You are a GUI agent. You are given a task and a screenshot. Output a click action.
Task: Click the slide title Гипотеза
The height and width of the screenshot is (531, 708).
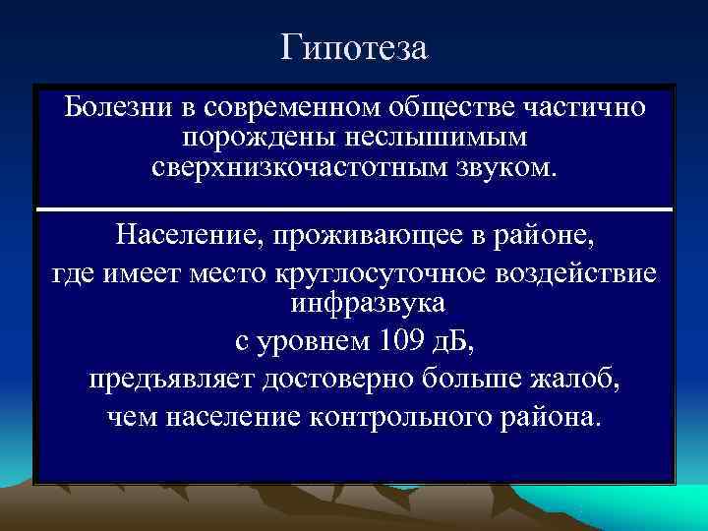pos(354,47)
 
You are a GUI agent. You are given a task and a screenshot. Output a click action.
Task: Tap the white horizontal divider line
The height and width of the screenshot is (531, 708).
pos(354,209)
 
